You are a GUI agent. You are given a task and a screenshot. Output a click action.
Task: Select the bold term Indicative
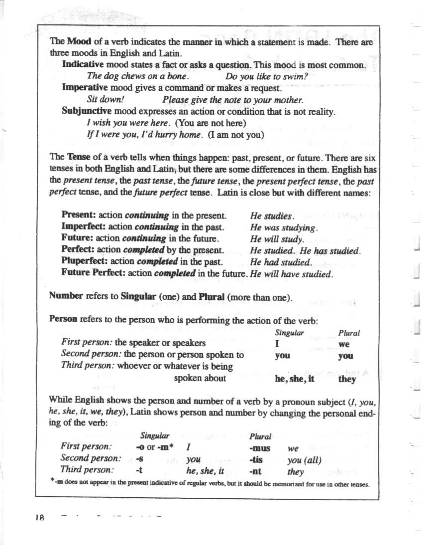(83, 65)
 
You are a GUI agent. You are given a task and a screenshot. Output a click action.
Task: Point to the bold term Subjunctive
(86, 110)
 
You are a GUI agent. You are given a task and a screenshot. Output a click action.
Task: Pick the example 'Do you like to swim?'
(267, 76)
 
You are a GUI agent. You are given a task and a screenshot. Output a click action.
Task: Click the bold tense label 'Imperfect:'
(82, 227)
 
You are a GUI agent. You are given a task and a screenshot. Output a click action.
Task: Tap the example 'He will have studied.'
(291, 273)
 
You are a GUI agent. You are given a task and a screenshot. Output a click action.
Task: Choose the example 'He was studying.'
(284, 227)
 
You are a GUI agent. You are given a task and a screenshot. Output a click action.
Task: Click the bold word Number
(66, 296)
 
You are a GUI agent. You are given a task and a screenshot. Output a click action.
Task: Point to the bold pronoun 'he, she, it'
(296, 379)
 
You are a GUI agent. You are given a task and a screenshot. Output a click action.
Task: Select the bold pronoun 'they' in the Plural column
(347, 379)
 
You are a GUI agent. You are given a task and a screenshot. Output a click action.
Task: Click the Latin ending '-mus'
(259, 447)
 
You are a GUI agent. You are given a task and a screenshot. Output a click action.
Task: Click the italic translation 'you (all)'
(304, 459)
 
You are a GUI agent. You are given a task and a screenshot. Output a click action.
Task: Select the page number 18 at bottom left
(40, 517)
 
